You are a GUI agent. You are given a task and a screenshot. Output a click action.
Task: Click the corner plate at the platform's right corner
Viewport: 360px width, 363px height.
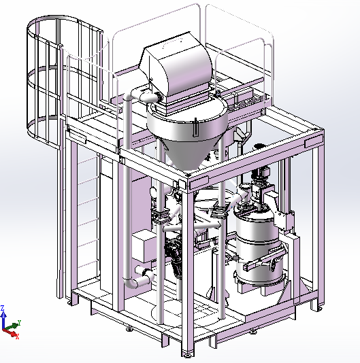click(314, 141)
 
